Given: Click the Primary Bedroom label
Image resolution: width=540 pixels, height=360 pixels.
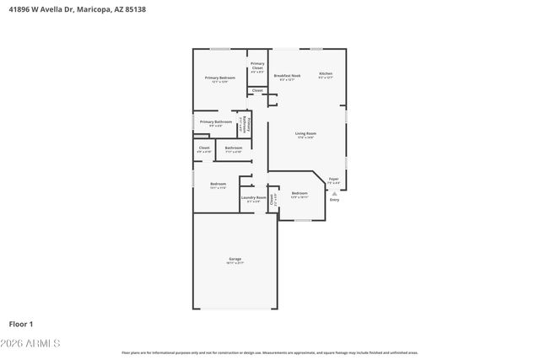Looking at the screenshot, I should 219,78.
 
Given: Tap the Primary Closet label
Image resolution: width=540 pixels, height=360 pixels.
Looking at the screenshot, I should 257,64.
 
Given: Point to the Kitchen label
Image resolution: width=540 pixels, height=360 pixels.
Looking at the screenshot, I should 325,73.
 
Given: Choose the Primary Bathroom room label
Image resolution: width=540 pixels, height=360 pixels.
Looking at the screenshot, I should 215,121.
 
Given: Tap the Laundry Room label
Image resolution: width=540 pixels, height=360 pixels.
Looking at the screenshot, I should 253,198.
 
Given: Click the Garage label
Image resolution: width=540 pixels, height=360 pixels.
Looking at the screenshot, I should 235,259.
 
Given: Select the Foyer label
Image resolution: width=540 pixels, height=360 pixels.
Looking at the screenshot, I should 334,179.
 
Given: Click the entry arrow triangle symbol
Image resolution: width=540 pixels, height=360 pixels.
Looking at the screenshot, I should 334,192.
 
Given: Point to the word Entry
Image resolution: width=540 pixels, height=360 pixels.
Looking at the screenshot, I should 334,200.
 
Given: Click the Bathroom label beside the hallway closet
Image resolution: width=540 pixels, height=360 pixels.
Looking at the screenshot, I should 234,148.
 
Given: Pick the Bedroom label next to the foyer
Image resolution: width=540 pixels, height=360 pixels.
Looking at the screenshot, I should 300,193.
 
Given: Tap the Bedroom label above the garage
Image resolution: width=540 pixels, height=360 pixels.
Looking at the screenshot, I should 218,184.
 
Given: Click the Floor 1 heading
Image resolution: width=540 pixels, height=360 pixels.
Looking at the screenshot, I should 21,323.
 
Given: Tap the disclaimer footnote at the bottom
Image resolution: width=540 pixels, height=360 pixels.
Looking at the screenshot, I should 270,352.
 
